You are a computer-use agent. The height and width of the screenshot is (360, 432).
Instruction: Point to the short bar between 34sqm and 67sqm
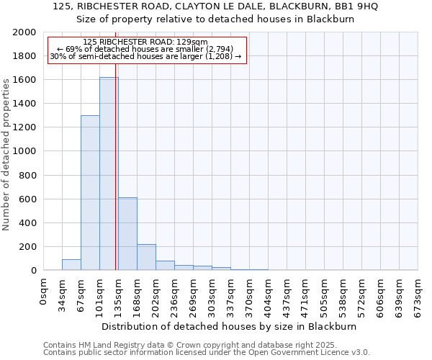[x=71, y=264]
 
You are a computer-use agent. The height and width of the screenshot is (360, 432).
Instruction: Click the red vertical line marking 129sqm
[x=116, y=166]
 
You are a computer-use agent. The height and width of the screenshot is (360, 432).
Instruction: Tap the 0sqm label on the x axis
[x=44, y=292]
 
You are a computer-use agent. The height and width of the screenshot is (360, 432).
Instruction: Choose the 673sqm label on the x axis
[x=418, y=295]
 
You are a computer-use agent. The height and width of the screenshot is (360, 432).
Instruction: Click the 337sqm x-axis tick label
[x=231, y=295]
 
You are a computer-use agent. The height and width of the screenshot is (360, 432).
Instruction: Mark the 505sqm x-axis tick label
[x=325, y=295]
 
